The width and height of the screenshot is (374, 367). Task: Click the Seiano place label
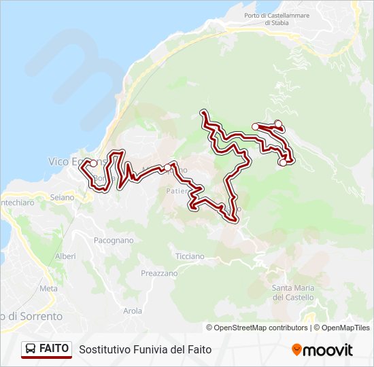pyautogui.click(x=62, y=197)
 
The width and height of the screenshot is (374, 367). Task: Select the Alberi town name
pyautogui.click(x=65, y=256)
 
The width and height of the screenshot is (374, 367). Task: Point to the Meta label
pyautogui.click(x=49, y=288)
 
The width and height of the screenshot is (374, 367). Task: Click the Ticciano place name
pyautogui.click(x=190, y=256)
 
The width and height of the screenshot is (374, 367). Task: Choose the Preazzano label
pyautogui.click(x=159, y=273)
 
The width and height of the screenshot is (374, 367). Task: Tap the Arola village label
pyautogui.click(x=133, y=311)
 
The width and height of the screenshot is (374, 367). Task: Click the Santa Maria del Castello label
pyautogui.click(x=293, y=292)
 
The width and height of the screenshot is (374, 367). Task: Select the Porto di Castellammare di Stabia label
pyautogui.click(x=267, y=18)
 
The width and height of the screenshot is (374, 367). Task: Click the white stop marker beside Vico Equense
pyautogui.click(x=93, y=163)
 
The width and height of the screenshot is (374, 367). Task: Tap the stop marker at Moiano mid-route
pyautogui.click(x=167, y=167)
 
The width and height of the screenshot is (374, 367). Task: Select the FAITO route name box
pyautogui.click(x=46, y=349)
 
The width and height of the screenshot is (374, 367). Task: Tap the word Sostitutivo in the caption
pyautogui.click(x=103, y=350)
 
